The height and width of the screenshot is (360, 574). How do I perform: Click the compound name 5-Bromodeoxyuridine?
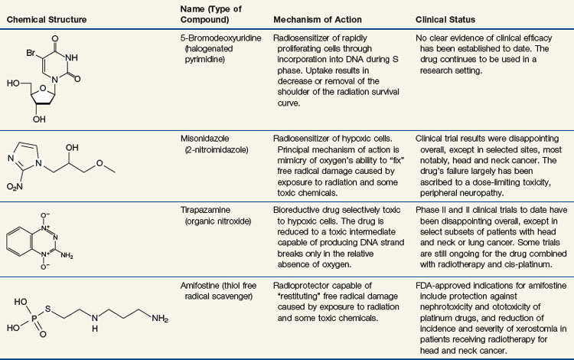click(210, 34)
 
